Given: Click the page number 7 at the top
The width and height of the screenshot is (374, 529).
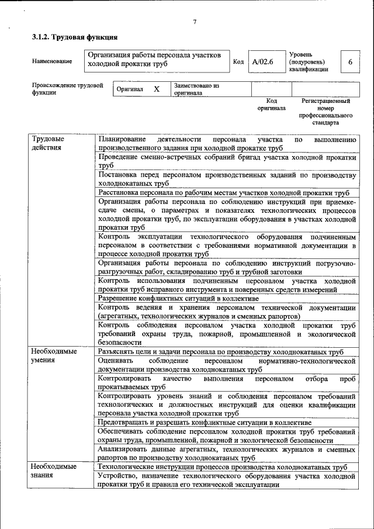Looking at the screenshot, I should click(x=195, y=22).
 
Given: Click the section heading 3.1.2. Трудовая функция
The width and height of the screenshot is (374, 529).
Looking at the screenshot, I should click(x=70, y=37).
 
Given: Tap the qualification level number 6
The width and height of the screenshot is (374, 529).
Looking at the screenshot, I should click(x=350, y=61).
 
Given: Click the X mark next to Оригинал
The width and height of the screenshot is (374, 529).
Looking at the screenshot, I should click(x=156, y=89).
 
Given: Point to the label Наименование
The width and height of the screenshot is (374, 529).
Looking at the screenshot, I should click(x=53, y=61).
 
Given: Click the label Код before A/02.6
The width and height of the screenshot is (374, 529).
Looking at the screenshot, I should click(x=238, y=61).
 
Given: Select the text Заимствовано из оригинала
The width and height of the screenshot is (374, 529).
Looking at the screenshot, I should click(x=196, y=89).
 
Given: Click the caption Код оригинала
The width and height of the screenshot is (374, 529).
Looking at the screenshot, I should click(x=271, y=105).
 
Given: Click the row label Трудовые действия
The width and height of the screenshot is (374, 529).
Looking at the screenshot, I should click(x=48, y=143).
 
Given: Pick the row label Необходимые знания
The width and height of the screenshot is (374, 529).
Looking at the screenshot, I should click(x=54, y=471).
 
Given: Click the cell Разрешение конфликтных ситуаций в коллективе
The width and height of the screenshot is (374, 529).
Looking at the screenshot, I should click(x=178, y=298).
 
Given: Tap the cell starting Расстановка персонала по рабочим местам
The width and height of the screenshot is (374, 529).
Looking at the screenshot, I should click(x=224, y=193).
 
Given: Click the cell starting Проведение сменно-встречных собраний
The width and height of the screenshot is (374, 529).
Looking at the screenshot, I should click(x=227, y=161).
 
